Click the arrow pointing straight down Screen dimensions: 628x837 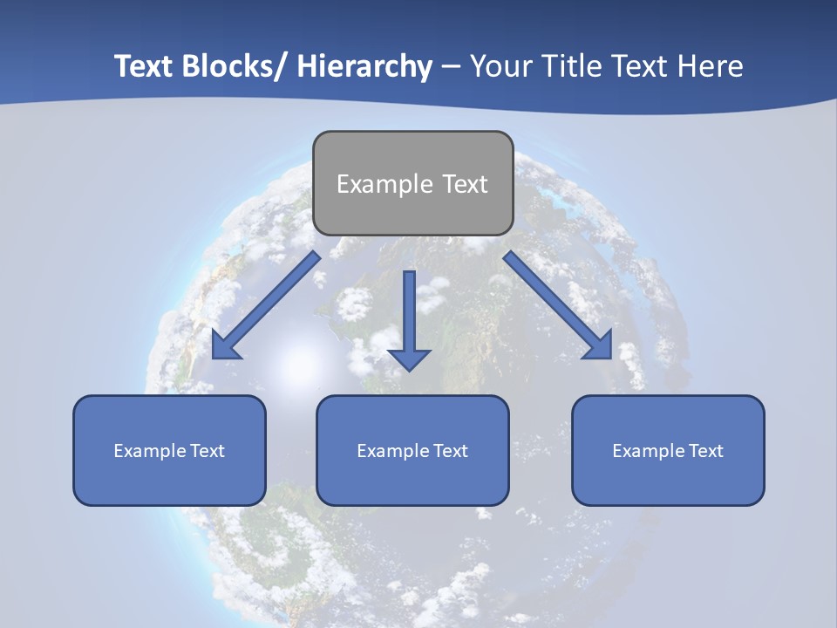[x=409, y=323]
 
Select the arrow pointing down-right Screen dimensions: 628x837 [x=558, y=305]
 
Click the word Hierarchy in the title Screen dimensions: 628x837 [x=364, y=66]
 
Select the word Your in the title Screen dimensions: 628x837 [x=500, y=66]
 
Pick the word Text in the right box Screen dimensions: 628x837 [x=705, y=451]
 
